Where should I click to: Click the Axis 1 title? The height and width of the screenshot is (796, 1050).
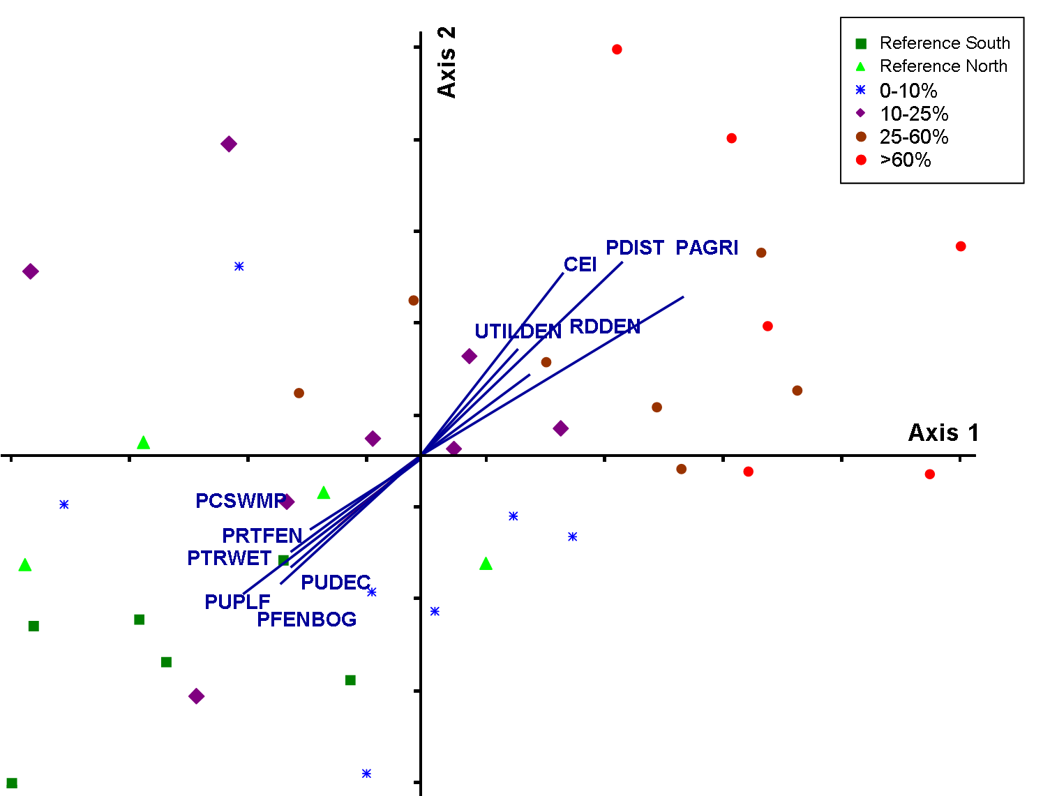click(943, 433)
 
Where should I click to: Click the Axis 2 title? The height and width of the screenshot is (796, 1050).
click(447, 62)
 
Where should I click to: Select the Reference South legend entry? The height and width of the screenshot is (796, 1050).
click(944, 43)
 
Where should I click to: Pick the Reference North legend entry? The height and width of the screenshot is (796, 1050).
click(943, 66)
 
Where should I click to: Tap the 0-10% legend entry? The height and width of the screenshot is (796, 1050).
click(908, 91)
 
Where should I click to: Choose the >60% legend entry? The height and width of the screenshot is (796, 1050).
click(905, 160)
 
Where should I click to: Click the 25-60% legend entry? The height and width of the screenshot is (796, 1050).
click(913, 137)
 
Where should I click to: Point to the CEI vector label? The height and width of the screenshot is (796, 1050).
click(580, 264)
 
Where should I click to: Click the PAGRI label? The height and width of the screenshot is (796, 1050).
click(707, 248)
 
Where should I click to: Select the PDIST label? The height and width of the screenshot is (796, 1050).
click(635, 248)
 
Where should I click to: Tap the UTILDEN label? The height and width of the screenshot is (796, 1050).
click(518, 331)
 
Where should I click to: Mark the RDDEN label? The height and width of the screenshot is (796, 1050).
click(605, 326)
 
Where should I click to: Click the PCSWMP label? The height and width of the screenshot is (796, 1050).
click(241, 501)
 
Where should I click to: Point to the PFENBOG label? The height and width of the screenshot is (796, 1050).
click(306, 619)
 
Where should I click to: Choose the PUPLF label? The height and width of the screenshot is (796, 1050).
click(237, 601)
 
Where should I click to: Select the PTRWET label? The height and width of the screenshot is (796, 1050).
click(229, 558)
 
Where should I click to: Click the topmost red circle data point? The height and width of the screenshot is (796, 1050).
click(617, 50)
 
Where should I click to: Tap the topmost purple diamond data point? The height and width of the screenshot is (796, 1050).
click(229, 144)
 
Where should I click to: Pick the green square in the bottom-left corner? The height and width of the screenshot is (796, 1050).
click(12, 783)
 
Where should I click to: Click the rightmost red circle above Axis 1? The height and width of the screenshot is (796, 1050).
click(961, 246)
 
